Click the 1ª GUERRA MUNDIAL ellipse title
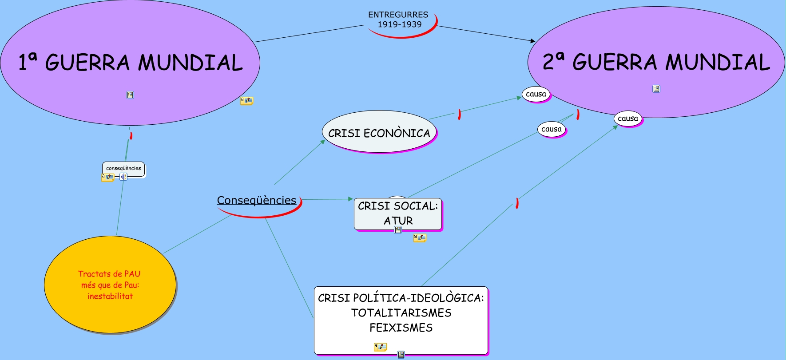[131, 63]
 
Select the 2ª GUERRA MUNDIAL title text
[656, 62]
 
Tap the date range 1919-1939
[400, 24]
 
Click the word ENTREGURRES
[398, 15]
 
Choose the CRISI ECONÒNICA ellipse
[379, 133]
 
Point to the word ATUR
[398, 221]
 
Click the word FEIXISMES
[401, 328]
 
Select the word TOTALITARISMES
[401, 313]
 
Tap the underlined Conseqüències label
[257, 200]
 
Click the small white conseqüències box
[123, 168]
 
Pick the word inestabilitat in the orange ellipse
[110, 296]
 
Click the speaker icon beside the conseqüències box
[123, 177]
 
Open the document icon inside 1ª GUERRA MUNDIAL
[130, 95]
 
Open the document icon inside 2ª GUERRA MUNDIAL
[656, 89]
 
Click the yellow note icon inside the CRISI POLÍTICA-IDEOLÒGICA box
[380, 347]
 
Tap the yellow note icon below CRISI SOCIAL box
[420, 237]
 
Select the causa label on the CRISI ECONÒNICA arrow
[536, 94]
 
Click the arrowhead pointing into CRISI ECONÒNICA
[323, 142]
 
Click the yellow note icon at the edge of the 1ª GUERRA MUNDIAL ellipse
[246, 101]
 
